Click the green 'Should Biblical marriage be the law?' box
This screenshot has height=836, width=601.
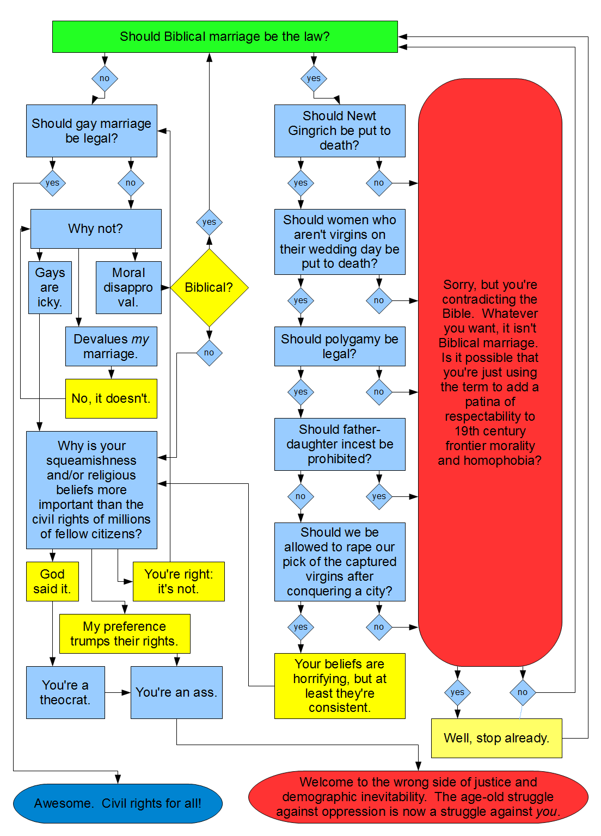tap(225, 36)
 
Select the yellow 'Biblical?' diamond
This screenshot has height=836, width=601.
tap(209, 287)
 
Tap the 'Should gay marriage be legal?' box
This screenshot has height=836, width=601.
tap(91, 131)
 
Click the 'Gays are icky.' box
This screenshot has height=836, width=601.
tap(50, 287)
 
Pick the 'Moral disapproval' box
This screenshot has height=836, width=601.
tap(128, 287)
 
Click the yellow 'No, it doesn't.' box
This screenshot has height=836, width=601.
tap(111, 398)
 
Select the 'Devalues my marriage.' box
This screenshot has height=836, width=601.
tap(111, 346)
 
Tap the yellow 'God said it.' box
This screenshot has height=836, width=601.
tap(52, 581)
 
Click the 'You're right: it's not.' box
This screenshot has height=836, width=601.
tap(179, 581)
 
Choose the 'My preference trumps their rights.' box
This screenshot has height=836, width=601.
tap(124, 634)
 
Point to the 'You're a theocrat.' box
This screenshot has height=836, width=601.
tap(65, 692)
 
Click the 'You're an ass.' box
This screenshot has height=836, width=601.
tap(176, 692)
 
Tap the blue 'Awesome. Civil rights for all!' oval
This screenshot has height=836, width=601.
tap(118, 803)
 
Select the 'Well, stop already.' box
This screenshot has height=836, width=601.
tap(496, 738)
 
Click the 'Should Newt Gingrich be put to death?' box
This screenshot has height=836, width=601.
tap(340, 131)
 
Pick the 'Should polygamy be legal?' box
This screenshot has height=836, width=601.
tap(340, 346)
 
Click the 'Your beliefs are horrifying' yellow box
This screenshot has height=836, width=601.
tap(340, 686)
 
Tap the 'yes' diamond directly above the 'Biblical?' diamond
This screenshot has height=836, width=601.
tap(209, 222)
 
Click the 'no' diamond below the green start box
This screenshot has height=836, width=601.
tap(105, 78)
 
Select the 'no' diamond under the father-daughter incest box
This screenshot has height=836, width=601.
tap(300, 496)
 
